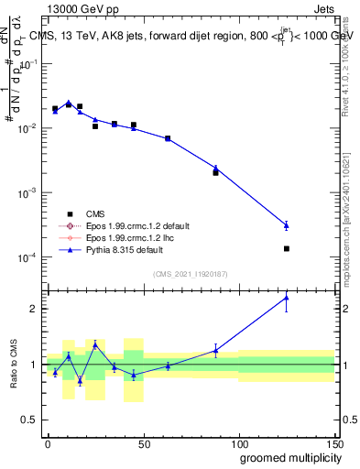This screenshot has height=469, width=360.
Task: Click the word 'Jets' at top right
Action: (323, 8)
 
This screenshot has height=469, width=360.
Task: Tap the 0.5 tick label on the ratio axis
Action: (33, 420)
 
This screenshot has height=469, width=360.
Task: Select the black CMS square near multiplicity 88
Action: (215, 172)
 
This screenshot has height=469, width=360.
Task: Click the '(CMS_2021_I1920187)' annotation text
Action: (190, 274)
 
